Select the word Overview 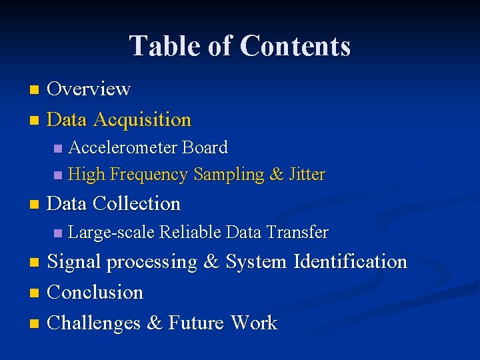coord(89,89)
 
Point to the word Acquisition coord(143,120)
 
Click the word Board coord(205,147)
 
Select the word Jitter coord(307,175)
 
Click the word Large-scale coord(111,233)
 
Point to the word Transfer coord(297,232)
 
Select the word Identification coord(350,261)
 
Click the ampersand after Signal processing coord(211,262)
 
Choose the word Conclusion coord(95,292)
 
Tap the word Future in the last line coord(196,323)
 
